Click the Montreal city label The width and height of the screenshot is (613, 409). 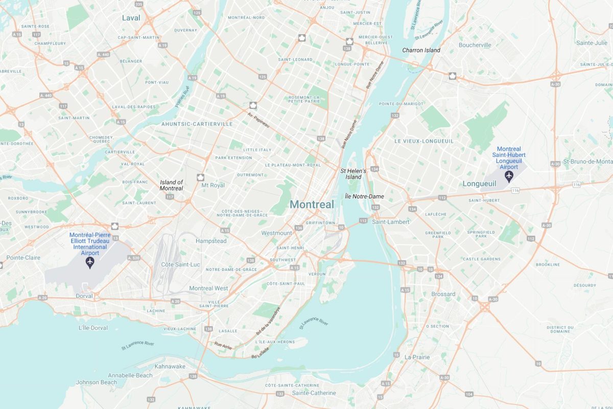point(312,204)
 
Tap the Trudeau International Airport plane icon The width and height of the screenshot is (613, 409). point(90,263)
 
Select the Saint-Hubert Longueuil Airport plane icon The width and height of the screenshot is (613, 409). point(509,176)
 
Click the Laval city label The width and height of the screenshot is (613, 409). point(131,18)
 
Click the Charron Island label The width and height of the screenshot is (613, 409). point(421,50)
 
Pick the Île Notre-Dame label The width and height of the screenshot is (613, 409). point(364,196)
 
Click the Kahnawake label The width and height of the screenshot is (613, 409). point(170,367)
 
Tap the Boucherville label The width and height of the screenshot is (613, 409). point(475,45)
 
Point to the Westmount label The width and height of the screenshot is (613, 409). point(276,233)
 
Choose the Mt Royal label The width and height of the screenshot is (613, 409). point(213,185)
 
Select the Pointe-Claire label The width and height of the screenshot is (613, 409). point(23,258)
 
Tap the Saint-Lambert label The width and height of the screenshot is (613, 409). point(391,222)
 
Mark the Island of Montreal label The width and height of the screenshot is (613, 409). point(171,185)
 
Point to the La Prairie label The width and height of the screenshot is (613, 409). point(417,357)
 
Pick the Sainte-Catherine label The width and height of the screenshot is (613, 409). point(314,393)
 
